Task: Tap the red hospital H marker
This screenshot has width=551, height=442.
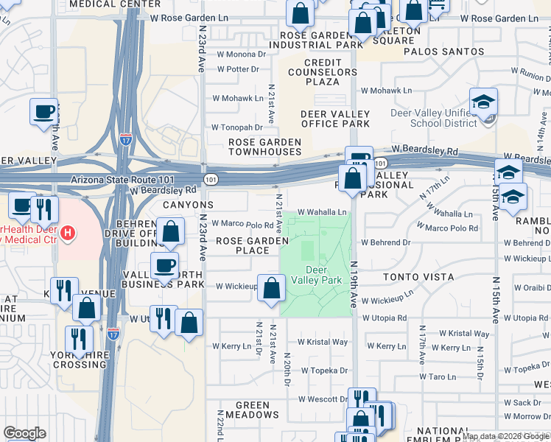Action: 68,234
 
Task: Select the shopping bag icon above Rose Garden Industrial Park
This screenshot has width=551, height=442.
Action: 300,13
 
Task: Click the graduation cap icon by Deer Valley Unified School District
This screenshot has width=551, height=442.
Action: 484,102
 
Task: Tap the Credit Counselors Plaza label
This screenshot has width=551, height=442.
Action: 322,72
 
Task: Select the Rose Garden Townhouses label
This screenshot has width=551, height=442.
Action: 264,147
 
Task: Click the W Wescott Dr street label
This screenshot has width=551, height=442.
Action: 323,399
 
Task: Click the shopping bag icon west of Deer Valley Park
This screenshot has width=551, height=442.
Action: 272,290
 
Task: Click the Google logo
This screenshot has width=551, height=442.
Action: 25,433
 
